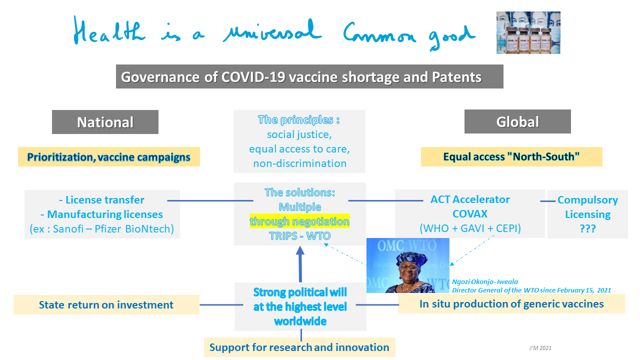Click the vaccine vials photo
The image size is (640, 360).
(x=528, y=32)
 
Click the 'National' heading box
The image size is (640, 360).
(x=105, y=122)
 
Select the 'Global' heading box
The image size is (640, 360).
(x=517, y=121)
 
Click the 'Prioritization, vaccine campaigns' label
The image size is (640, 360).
(x=109, y=157)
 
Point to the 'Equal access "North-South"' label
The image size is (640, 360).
(x=511, y=156)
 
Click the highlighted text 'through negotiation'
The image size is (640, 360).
(x=299, y=221)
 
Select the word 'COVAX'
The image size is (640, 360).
(x=470, y=213)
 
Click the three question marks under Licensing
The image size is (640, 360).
(x=587, y=228)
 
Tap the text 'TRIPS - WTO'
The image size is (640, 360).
(x=299, y=236)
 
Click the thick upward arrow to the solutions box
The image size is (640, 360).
(x=300, y=264)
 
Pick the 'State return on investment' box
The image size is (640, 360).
(x=106, y=305)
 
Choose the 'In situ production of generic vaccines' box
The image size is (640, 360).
(x=511, y=304)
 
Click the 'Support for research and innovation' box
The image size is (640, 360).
(x=299, y=347)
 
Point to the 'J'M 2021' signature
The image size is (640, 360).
(x=540, y=348)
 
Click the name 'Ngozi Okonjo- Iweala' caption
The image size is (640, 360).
(x=485, y=281)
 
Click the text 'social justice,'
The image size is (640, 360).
(x=299, y=134)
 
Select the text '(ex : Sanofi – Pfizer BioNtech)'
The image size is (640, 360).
(x=102, y=229)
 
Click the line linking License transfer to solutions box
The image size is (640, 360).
(x=210, y=201)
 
